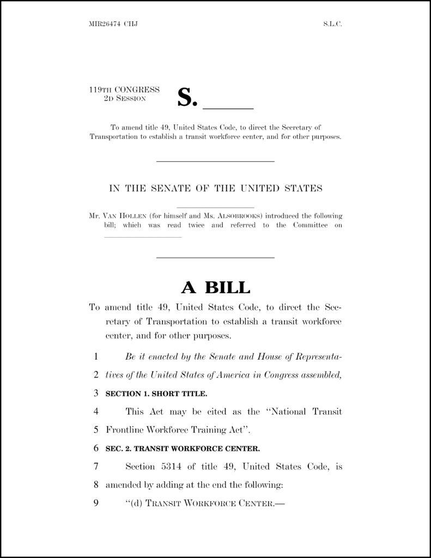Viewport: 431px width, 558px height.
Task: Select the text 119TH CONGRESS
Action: click(x=124, y=90)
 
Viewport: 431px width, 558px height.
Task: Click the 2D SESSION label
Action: click(x=125, y=99)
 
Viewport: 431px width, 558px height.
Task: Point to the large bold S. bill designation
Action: click(x=186, y=98)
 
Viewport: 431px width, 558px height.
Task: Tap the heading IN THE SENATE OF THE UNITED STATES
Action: click(x=216, y=189)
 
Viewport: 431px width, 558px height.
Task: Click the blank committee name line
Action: click(x=142, y=237)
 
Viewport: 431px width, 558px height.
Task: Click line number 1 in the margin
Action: click(x=95, y=357)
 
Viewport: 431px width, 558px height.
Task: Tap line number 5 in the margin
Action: click(x=95, y=430)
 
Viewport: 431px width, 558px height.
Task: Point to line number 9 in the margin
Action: click(x=95, y=503)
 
